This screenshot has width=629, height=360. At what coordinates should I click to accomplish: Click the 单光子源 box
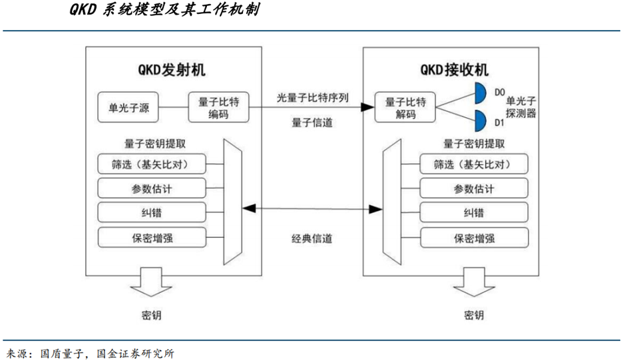(128, 107)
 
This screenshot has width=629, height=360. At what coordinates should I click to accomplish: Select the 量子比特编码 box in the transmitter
(218, 107)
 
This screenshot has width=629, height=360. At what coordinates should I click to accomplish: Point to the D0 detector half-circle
(479, 92)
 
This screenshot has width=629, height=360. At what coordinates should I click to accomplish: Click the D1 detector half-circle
(479, 122)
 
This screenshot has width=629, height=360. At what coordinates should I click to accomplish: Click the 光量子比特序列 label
(313, 97)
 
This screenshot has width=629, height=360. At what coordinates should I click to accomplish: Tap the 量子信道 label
(312, 122)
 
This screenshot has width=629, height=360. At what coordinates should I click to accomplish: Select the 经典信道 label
(312, 238)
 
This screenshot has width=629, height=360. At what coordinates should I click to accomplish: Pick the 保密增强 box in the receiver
(475, 238)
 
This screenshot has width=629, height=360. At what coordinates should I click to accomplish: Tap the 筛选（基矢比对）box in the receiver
(475, 164)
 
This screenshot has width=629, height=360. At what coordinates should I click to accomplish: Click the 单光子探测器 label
(521, 108)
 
